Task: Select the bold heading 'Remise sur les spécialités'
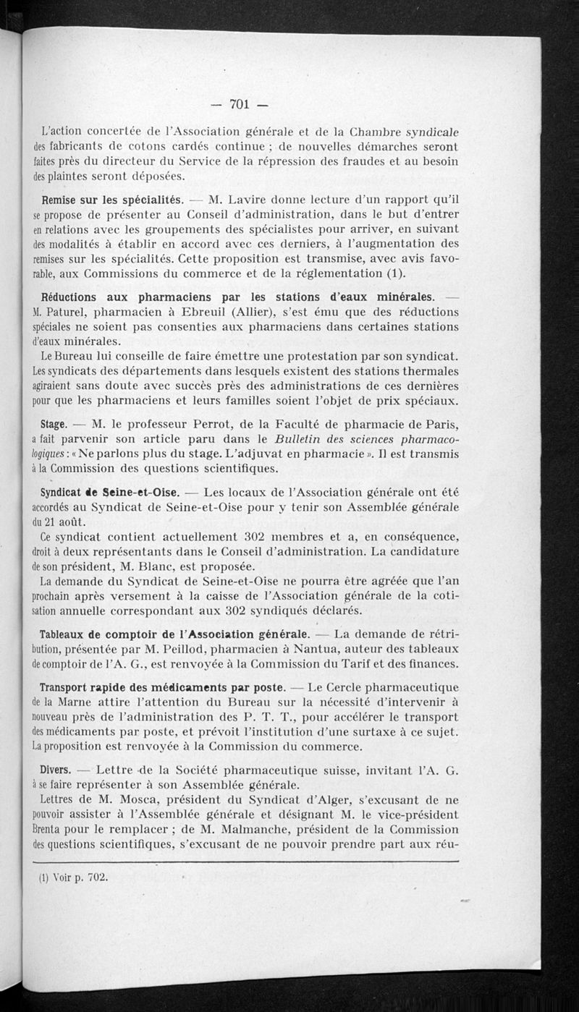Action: pyautogui.click(x=111, y=199)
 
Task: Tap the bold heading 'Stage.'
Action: pyautogui.click(x=55, y=424)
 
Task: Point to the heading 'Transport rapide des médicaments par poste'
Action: pyautogui.click(x=160, y=687)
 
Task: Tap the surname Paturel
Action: pyautogui.click(x=72, y=312)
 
